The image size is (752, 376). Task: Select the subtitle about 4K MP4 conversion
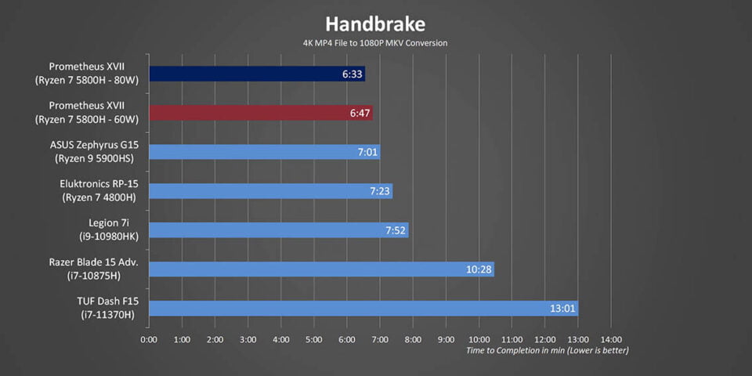click(x=375, y=43)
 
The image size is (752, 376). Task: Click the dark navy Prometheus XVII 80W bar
click(x=256, y=74)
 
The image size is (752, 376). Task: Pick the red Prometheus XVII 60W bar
click(x=260, y=113)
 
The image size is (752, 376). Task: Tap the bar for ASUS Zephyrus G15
click(x=264, y=152)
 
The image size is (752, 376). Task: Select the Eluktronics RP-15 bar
click(x=270, y=191)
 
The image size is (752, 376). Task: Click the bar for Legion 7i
click(x=278, y=230)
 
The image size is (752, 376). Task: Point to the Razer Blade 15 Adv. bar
click(x=321, y=269)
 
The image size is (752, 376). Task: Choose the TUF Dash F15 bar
click(x=363, y=308)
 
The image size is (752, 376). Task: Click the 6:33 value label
click(x=352, y=74)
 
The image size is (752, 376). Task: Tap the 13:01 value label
click(x=563, y=309)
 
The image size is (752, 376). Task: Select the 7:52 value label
click(x=396, y=230)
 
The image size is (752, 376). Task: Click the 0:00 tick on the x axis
click(x=149, y=340)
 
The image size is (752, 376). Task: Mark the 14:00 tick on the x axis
click(x=611, y=340)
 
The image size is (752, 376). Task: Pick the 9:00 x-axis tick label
click(x=446, y=340)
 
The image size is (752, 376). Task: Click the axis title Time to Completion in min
click(x=547, y=351)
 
